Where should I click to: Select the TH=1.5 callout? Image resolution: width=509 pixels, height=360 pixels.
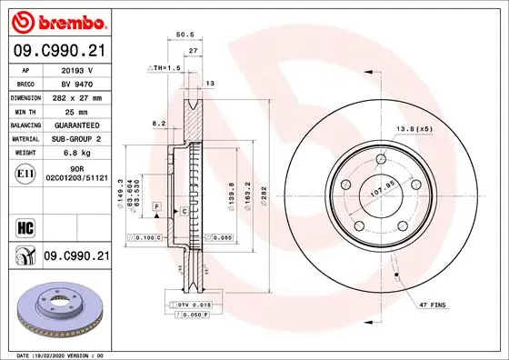pos(162,68)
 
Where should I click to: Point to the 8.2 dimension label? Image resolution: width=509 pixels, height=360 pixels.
pos(159,122)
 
